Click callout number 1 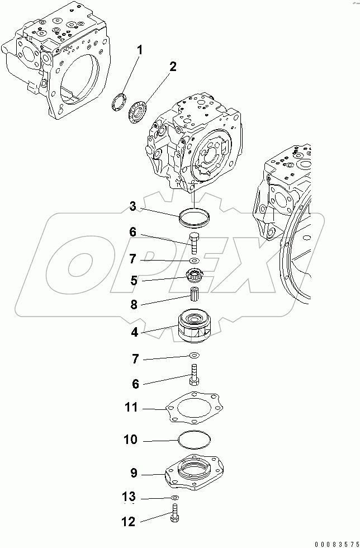140,50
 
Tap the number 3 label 132,207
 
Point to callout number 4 134,332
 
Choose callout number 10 130,440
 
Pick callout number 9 134,473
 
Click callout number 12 128,522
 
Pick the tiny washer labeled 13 175,497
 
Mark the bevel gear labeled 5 193,275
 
